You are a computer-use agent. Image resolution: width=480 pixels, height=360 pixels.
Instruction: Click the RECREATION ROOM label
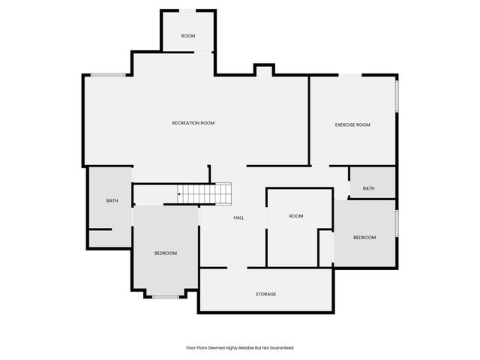point(193,123)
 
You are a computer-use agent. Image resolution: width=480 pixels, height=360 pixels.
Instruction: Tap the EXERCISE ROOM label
point(352,124)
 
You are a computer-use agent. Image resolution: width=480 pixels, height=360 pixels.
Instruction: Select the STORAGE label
point(265,294)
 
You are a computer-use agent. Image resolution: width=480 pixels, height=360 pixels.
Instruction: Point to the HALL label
point(238,217)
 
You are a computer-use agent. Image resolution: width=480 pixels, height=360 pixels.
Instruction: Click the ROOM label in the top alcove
point(188,36)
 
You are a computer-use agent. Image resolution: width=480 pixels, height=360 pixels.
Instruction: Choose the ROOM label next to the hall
point(296,216)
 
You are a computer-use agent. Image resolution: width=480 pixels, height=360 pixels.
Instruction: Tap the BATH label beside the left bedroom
point(112,200)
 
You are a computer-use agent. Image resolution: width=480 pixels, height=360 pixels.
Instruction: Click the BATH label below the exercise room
point(368,188)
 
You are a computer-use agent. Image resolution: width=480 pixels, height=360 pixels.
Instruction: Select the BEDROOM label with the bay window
point(166,253)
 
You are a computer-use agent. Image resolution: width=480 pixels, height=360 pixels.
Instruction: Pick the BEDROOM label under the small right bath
point(364,237)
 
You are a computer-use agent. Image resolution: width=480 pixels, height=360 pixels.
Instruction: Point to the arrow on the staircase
point(180,194)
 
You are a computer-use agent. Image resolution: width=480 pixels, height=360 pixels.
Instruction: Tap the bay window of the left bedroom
point(166,297)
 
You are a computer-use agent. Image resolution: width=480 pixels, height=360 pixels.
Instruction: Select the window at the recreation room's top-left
point(108,74)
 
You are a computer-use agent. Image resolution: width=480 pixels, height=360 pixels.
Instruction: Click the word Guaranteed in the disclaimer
point(280,348)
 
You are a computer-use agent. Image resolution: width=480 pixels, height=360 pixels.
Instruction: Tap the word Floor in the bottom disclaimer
point(191,348)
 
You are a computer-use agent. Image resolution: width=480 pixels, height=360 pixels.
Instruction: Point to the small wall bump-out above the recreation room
point(263,70)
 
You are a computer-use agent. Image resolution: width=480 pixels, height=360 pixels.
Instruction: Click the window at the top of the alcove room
point(189,10)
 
